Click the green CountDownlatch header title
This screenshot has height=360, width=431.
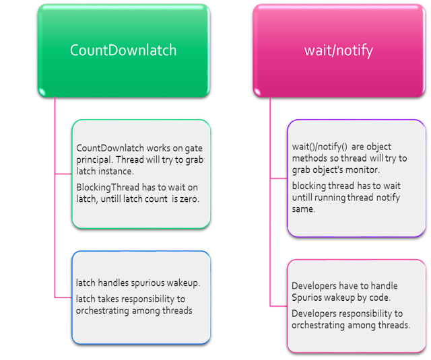tap(123, 50)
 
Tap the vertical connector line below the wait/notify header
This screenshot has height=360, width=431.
tap(270, 202)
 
